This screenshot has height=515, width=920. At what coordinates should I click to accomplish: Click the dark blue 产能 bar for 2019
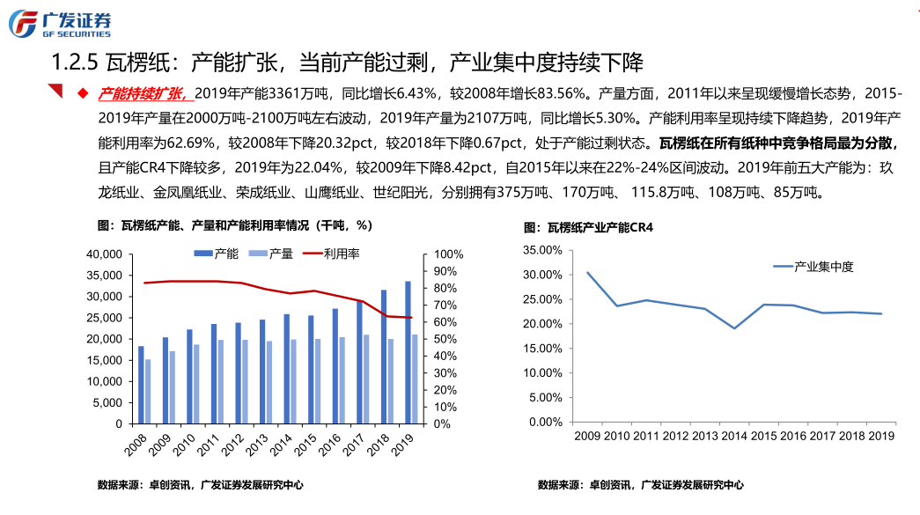tap(408, 352)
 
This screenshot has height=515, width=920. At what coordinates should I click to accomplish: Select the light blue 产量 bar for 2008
tap(148, 392)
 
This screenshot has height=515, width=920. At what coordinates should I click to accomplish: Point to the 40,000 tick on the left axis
tap(103, 254)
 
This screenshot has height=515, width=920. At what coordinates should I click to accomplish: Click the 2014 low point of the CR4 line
tap(733, 328)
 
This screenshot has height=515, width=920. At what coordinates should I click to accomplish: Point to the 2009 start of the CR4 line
tap(587, 273)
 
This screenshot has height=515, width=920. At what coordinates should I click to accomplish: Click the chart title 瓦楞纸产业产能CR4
tap(594, 227)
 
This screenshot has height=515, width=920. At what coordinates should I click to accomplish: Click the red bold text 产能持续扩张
tap(142, 92)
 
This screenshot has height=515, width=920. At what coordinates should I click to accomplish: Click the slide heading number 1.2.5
tap(72, 63)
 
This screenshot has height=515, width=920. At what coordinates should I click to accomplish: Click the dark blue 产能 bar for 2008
tap(141, 385)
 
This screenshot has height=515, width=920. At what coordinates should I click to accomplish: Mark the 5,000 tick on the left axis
tap(107, 402)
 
